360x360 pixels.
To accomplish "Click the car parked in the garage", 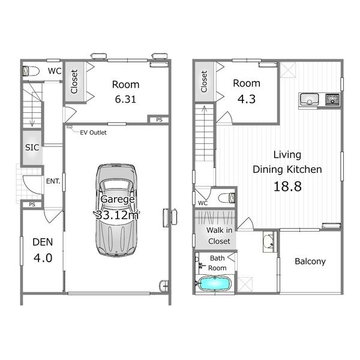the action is tap(116, 211).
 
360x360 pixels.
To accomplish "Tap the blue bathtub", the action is tap(214, 284).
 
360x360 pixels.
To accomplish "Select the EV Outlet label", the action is tap(93, 133).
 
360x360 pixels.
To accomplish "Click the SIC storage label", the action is tap(32, 148).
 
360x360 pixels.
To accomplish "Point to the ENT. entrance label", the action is tap(53, 181).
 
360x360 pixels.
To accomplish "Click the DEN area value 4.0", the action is tap(43, 258).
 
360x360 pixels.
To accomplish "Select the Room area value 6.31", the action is tap(125, 99).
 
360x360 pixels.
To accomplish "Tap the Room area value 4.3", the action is tap(247, 99).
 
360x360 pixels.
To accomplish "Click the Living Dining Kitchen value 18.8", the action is tap(287, 186).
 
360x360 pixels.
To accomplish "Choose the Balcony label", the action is tap(310, 262).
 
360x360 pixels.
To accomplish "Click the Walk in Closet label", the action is tap(219, 236).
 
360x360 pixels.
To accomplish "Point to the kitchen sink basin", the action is tap(309, 99).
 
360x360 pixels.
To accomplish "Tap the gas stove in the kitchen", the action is tap(332, 99).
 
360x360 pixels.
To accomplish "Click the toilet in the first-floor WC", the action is tap(31, 71).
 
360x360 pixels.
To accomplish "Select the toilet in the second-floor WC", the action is tap(227, 198).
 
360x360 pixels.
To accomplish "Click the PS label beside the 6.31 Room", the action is tap(159, 119).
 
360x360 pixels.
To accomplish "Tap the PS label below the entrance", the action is tap(32, 205).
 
